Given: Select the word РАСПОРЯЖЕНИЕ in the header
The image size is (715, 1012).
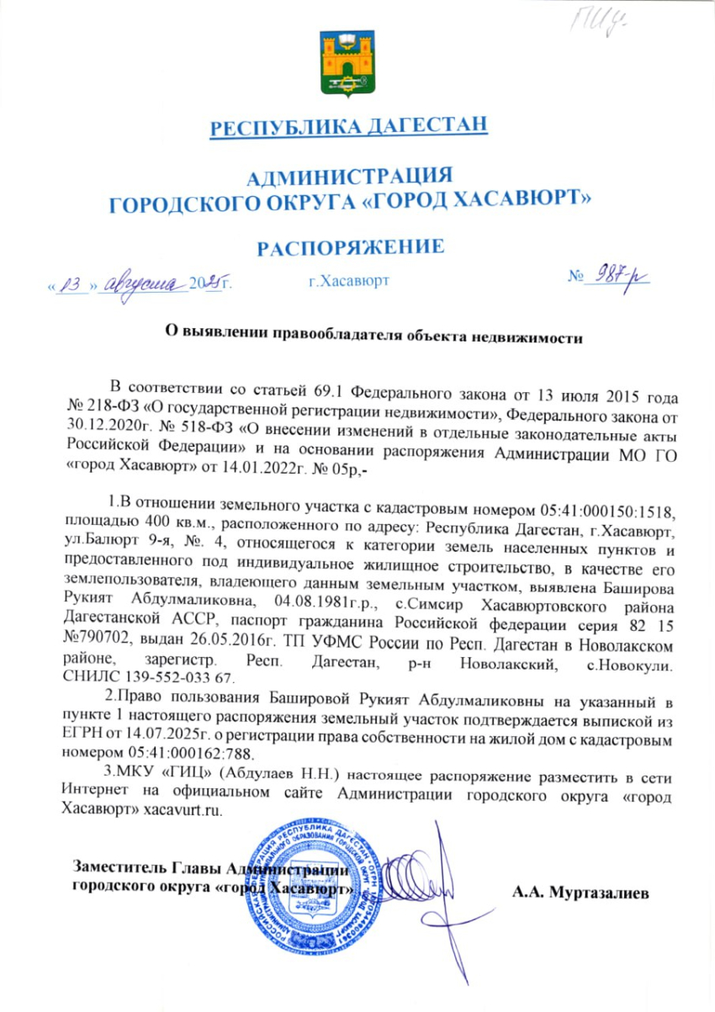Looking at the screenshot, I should tap(350, 247).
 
